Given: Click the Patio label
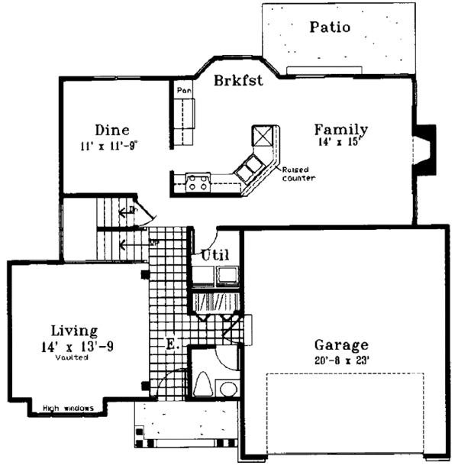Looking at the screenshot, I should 330,27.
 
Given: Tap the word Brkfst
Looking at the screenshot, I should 239,80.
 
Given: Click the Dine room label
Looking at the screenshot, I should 111,130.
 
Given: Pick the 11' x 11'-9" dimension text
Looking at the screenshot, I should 111,144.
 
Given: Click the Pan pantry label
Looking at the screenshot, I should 182,90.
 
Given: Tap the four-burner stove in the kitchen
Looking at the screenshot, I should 198,183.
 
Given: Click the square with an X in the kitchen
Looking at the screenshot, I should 263,135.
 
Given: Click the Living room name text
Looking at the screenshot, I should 74,331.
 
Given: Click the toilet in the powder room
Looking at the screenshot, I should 205,383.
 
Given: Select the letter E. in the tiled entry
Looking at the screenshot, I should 173,345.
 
